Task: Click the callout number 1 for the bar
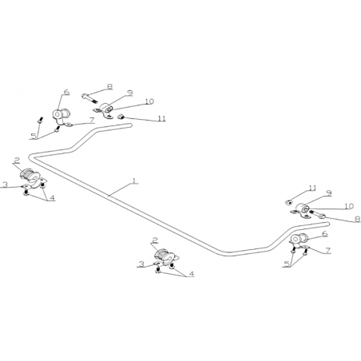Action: (x=135, y=180)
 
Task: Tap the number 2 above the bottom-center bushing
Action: (x=154, y=240)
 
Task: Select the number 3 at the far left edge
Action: (x=5, y=184)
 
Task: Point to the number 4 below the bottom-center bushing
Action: (x=191, y=274)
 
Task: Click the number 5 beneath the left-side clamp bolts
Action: (x=34, y=136)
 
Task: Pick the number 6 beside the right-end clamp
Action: (x=325, y=234)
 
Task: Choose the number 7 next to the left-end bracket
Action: (x=92, y=120)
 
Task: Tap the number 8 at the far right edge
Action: (x=358, y=219)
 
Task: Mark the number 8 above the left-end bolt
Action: (x=109, y=86)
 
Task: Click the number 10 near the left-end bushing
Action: (x=149, y=101)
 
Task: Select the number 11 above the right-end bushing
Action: (x=312, y=188)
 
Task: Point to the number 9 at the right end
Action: (x=329, y=193)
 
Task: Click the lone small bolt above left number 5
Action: (x=40, y=120)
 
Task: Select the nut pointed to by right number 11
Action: (x=288, y=203)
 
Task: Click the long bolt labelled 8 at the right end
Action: (x=317, y=214)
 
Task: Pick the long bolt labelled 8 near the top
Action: (x=90, y=98)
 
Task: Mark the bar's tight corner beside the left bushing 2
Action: (x=31, y=157)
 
